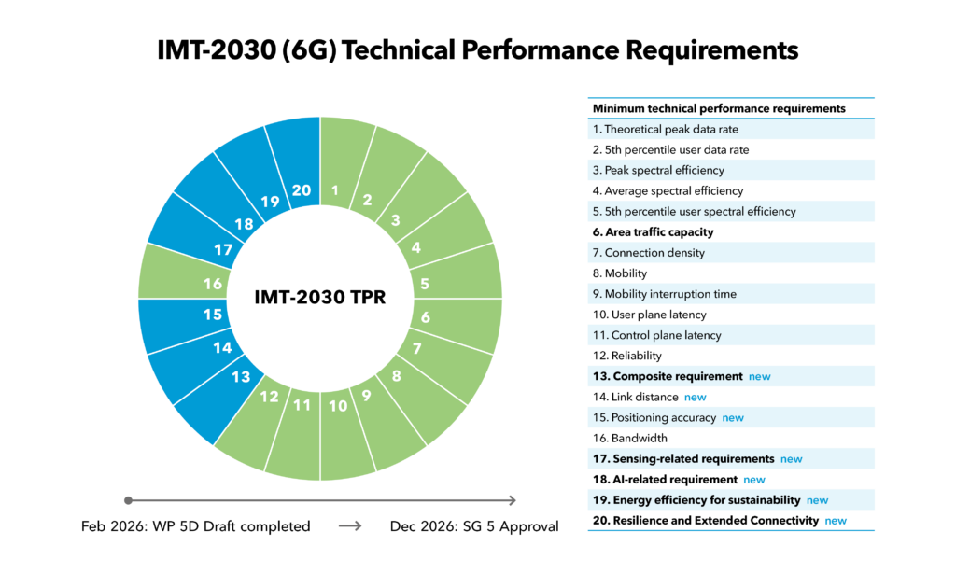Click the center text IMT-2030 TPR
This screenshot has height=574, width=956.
pyautogui.click(x=320, y=299)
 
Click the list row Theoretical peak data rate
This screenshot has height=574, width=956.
pyautogui.click(x=665, y=130)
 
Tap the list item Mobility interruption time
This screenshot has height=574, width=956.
pyautogui.click(x=669, y=294)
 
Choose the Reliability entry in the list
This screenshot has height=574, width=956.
pyautogui.click(x=627, y=356)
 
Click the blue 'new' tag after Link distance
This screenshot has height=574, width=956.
pyautogui.click(x=696, y=397)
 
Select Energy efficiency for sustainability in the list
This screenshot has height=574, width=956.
pyautogui.click(x=696, y=499)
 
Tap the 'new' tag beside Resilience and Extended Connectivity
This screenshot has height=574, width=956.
pyautogui.click(x=836, y=520)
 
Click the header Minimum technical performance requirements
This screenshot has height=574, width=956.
pyautogui.click(x=719, y=108)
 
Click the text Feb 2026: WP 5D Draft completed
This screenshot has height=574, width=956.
pyautogui.click(x=195, y=526)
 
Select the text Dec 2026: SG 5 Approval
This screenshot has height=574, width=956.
pyautogui.click(x=473, y=526)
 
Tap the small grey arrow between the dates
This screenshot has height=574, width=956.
pyautogui.click(x=349, y=526)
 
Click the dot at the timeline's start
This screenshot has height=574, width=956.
pyautogui.click(x=128, y=500)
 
